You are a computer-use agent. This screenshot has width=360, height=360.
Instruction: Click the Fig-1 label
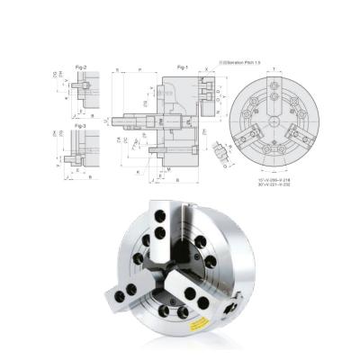183,67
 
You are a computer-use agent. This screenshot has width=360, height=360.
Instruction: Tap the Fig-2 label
80,67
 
